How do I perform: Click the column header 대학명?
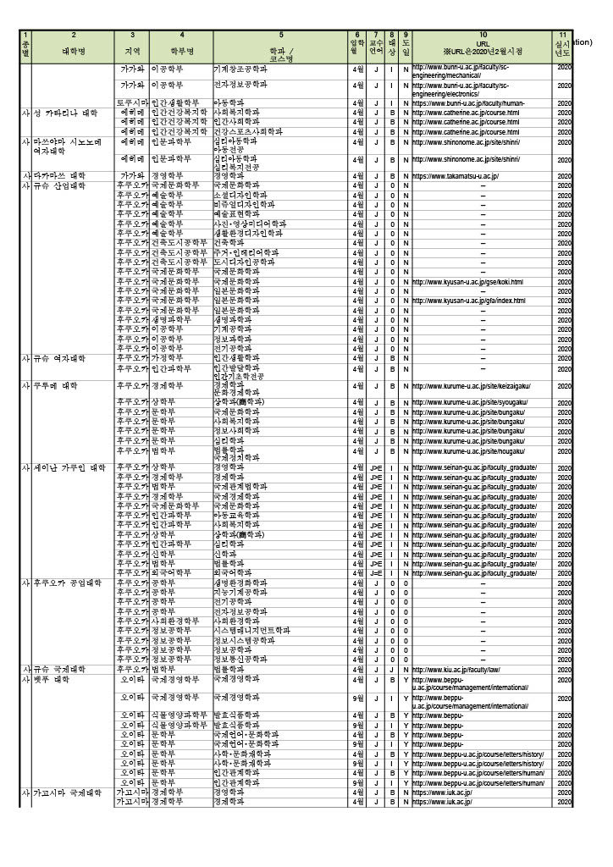(x=74, y=51)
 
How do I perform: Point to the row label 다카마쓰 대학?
(x=59, y=175)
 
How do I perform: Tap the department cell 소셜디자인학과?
(x=244, y=194)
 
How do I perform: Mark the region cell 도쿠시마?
(x=132, y=102)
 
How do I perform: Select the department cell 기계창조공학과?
(x=245, y=68)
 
